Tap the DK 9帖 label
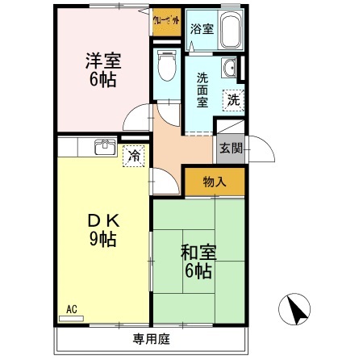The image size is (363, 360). point(102,228)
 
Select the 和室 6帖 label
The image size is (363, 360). point(197,261)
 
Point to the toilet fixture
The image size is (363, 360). point(167,66)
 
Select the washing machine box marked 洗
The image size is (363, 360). point(233,101)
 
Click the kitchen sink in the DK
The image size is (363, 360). point(102,147)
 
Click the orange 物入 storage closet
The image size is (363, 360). point(213,181)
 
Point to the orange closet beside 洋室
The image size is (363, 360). point(166,23)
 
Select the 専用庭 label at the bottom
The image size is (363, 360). point(149,337)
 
